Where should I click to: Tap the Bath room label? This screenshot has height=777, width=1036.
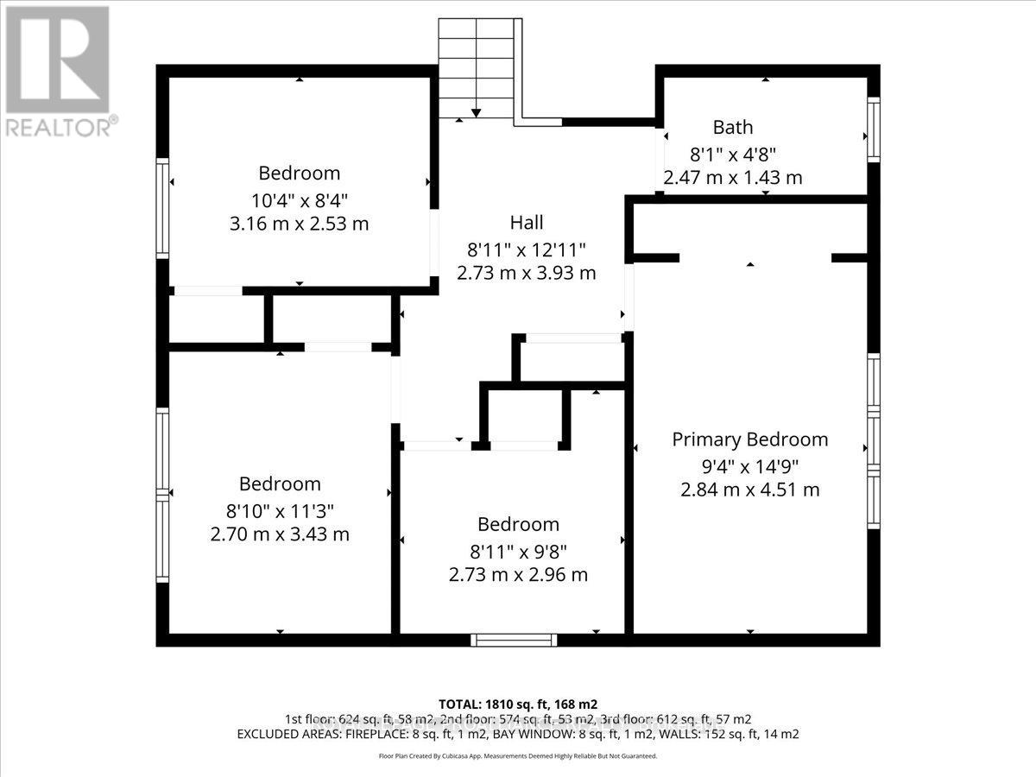click(732, 128)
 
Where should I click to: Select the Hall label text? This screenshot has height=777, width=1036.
click(526, 223)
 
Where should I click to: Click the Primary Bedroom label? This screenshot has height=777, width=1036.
click(749, 439)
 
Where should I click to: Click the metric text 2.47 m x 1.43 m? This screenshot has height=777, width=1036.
click(732, 178)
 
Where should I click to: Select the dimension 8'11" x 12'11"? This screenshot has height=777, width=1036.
click(526, 250)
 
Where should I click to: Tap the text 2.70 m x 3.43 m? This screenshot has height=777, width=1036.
click(280, 534)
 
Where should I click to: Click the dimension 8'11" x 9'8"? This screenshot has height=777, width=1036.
click(518, 550)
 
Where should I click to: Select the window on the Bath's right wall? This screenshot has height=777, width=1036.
click(873, 129)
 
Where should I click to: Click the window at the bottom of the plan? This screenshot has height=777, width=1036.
click(514, 640)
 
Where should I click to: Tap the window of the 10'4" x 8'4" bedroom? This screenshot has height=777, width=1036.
click(161, 208)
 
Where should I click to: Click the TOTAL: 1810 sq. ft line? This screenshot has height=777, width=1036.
click(518, 704)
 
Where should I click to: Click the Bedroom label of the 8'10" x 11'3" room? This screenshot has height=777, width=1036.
click(280, 484)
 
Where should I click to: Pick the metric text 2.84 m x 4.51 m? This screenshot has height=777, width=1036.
click(749, 490)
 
